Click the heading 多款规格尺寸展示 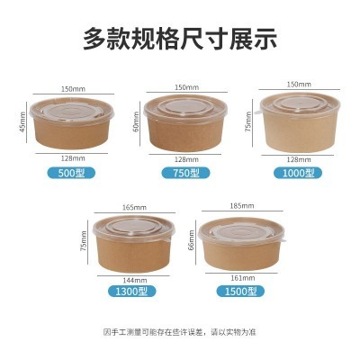click(180, 39)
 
